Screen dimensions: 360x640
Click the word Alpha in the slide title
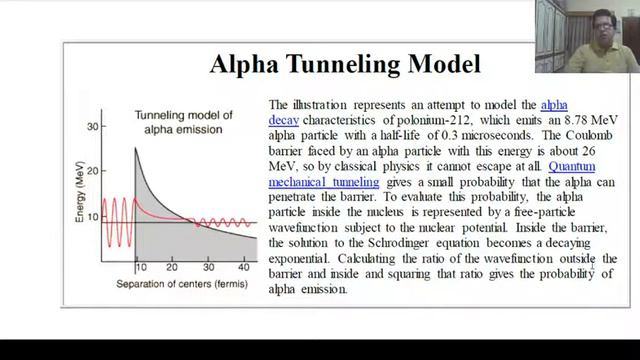tap(243, 66)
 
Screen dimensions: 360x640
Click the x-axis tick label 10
tap(141, 268)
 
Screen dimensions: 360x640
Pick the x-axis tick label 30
tap(207, 268)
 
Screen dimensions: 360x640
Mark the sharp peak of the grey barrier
tap(136, 149)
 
